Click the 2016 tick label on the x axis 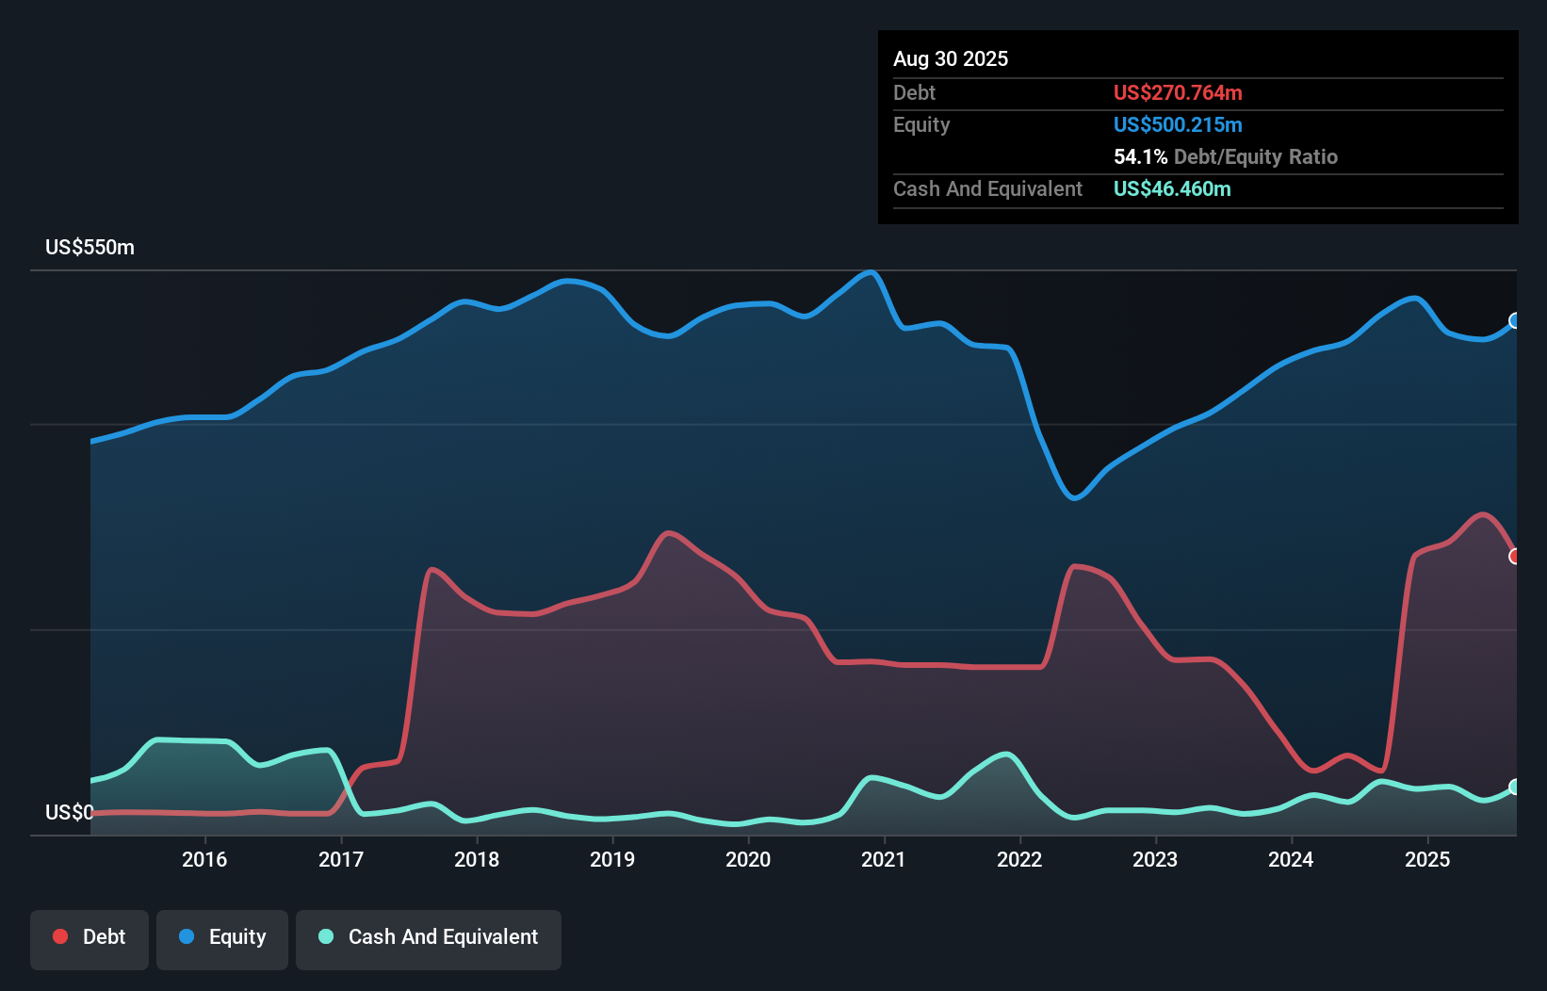(x=204, y=859)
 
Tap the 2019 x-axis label (x=612, y=859)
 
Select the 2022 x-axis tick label (x=1019, y=859)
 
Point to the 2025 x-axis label (x=1427, y=859)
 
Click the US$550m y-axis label (x=90, y=248)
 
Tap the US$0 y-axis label (x=69, y=812)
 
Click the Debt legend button (x=90, y=937)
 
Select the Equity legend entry (x=222, y=937)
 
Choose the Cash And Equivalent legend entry (x=429, y=937)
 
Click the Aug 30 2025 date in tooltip (x=951, y=59)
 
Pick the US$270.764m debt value (x=1178, y=93)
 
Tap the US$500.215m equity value (x=1178, y=125)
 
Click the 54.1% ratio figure (x=1140, y=157)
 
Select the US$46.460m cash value (x=1172, y=189)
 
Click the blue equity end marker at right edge (x=1515, y=321)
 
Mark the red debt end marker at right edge (x=1515, y=557)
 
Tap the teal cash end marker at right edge (x=1515, y=787)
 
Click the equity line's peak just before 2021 (x=871, y=273)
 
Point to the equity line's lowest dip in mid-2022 (x=1074, y=497)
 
